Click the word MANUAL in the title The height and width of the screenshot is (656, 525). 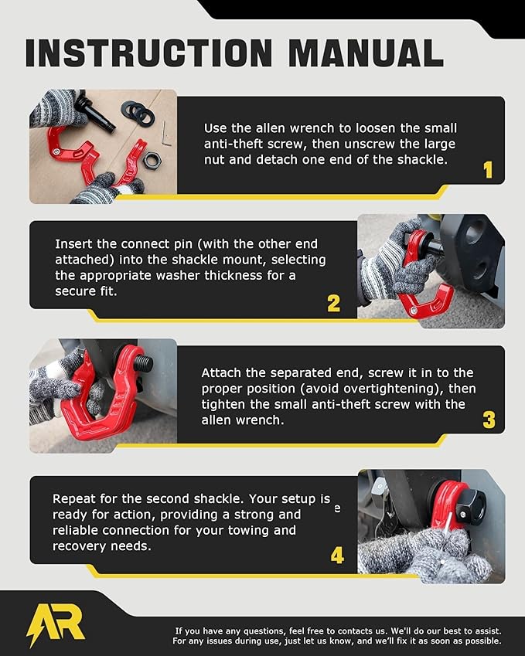click(366, 53)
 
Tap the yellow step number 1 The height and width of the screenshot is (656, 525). click(488, 170)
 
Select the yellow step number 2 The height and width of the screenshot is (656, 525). click(333, 304)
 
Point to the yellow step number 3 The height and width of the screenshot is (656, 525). click(489, 420)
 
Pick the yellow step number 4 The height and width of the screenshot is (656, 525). click(337, 556)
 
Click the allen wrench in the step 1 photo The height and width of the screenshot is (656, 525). click(165, 136)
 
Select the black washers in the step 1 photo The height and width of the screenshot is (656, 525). click(138, 112)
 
